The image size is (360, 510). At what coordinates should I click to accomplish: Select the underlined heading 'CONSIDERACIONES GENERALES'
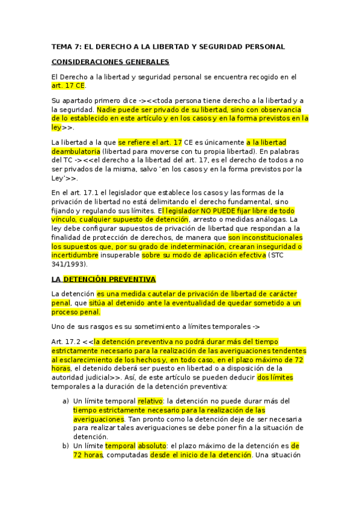110,61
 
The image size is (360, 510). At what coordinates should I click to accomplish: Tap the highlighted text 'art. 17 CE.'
69,85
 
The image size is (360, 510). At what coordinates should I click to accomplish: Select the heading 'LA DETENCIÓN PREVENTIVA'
103,279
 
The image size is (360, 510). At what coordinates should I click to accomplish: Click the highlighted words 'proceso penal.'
76,312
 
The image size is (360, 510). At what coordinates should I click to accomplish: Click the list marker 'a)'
65,400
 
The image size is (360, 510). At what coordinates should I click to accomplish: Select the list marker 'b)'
65,446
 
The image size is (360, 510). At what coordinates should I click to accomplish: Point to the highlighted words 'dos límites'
275,378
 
